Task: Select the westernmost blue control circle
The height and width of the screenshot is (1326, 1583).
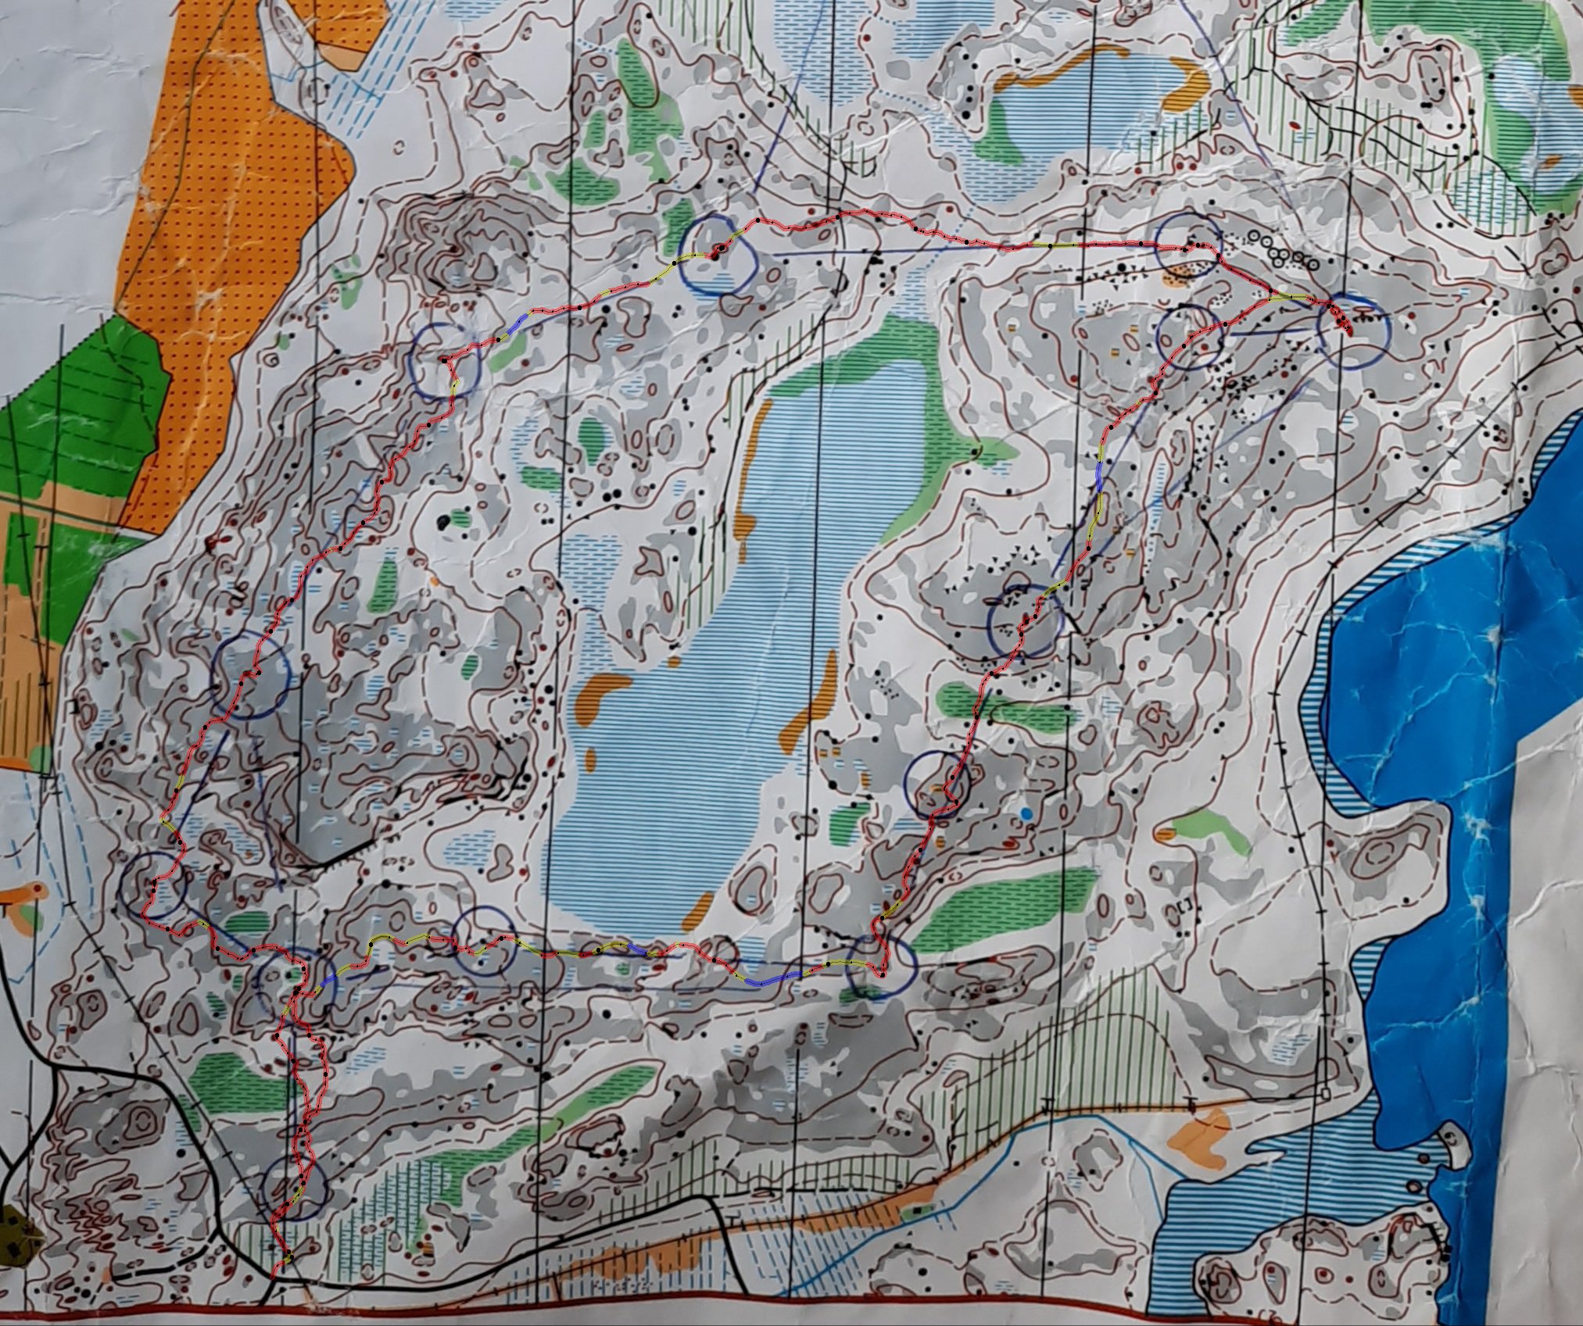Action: click(x=154, y=885)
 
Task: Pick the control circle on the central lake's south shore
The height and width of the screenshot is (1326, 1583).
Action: click(x=485, y=941)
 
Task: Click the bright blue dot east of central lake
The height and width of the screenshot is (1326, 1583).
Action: click(x=1026, y=814)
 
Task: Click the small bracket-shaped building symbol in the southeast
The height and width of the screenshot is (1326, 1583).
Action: click(x=1185, y=906)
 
